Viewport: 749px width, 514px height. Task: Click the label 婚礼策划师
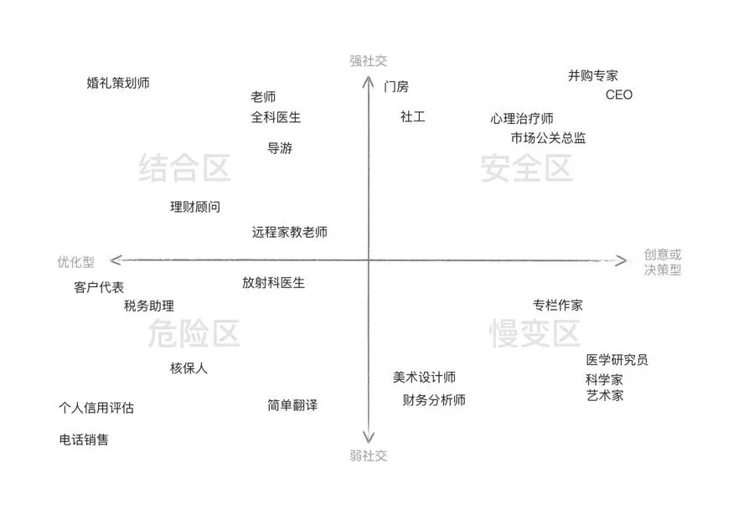[x=118, y=83]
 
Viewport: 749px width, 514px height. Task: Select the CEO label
[x=619, y=95]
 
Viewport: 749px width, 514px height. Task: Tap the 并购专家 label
[x=592, y=76]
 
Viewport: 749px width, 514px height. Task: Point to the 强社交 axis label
[x=368, y=61]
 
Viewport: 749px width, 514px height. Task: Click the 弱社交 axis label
[x=368, y=456]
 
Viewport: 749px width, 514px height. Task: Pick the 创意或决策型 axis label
[x=663, y=262]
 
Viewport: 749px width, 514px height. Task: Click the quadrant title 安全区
[x=526, y=168]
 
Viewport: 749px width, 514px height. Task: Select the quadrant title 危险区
[x=194, y=333]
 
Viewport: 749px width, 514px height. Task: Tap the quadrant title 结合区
[x=184, y=167]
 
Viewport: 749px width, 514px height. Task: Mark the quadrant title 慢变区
[x=535, y=333]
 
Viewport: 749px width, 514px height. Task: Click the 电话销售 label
[x=84, y=439]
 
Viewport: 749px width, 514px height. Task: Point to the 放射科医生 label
[x=273, y=283]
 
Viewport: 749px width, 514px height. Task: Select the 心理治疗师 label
[x=521, y=119]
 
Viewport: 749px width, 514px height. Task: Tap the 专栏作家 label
[x=557, y=305]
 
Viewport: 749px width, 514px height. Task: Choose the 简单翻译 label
[x=292, y=405]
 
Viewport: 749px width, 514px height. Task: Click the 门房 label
[x=396, y=87]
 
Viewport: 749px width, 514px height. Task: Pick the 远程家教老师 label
[x=289, y=233]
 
